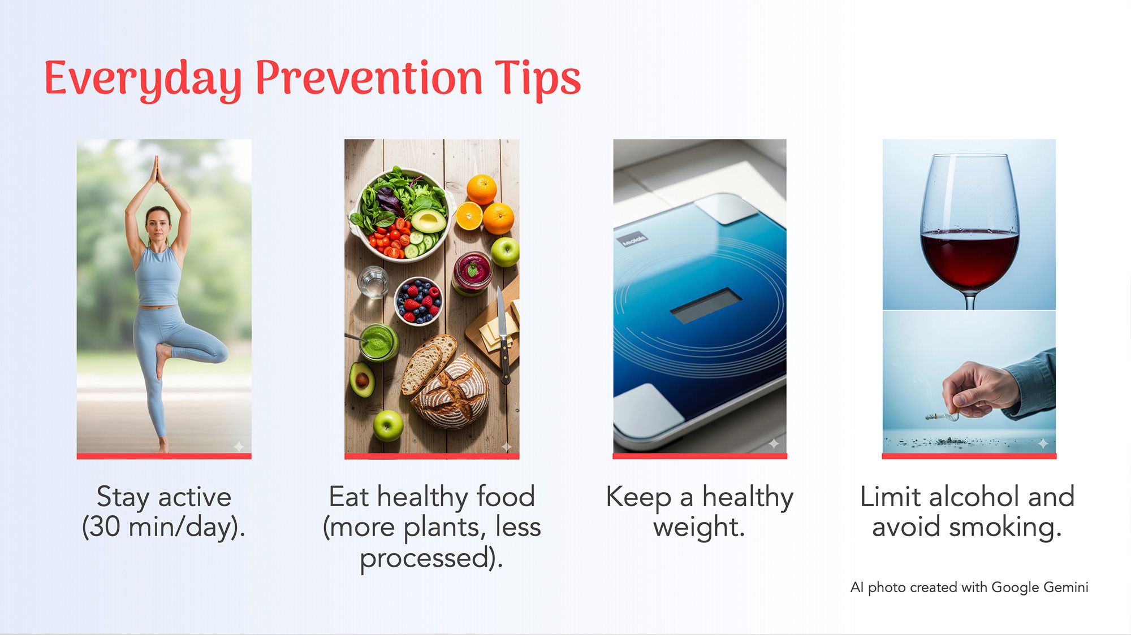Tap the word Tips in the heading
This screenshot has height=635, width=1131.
pyautogui.click(x=538, y=80)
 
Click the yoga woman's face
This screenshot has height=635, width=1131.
pyautogui.click(x=158, y=224)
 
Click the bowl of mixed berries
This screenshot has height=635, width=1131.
pyautogui.click(x=418, y=301)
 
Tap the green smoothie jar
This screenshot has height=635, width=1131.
pyautogui.click(x=378, y=342)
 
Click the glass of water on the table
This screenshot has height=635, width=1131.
pyautogui.click(x=373, y=282)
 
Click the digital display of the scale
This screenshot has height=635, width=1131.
pyautogui.click(x=706, y=305)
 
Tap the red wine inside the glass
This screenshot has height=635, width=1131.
pyautogui.click(x=969, y=257)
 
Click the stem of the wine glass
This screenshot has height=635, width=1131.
pyautogui.click(x=970, y=299)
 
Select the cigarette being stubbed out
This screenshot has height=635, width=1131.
pyautogui.click(x=942, y=417)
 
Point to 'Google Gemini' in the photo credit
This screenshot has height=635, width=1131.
pyautogui.click(x=1040, y=588)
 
